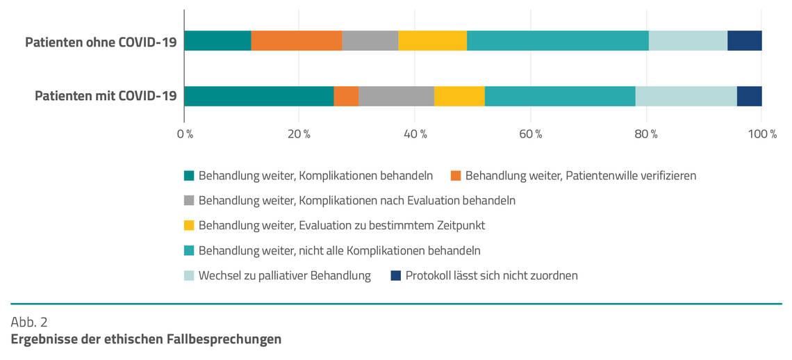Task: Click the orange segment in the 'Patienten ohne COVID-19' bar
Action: click(x=297, y=41)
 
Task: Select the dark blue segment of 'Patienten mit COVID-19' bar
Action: click(x=749, y=96)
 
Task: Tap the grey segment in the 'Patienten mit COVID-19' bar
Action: click(x=396, y=96)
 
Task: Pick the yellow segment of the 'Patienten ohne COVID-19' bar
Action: click(x=432, y=41)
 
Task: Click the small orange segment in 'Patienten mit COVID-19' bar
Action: click(x=346, y=96)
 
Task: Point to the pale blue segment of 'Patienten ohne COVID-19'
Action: click(x=688, y=41)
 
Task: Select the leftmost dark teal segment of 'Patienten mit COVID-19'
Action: click(x=258, y=96)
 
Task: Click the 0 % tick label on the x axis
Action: click(x=185, y=133)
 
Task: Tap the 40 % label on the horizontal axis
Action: click(x=415, y=133)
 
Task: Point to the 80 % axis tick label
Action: click(x=645, y=133)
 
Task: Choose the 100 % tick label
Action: click(x=761, y=133)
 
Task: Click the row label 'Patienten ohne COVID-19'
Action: click(x=101, y=42)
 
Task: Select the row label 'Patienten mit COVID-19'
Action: click(x=106, y=96)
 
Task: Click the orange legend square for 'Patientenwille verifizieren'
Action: click(x=456, y=176)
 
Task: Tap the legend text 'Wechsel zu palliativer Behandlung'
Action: click(x=284, y=276)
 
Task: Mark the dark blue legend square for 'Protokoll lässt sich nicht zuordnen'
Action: click(x=396, y=276)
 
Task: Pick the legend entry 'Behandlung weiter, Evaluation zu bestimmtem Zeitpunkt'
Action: click(x=341, y=225)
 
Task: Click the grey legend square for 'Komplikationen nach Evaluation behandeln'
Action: click(x=189, y=201)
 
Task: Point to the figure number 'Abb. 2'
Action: click(x=28, y=322)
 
